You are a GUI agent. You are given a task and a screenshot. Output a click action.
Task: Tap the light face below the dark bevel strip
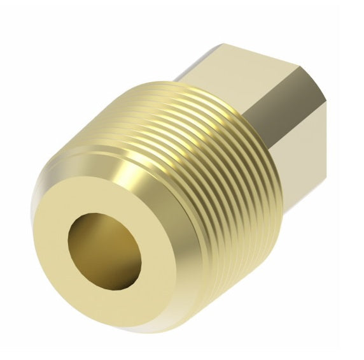(x=299, y=166)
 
